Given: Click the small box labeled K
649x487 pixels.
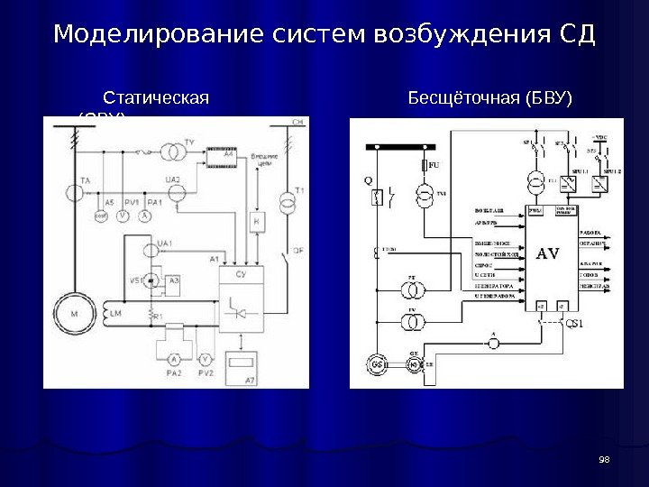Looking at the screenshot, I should [x=257, y=221].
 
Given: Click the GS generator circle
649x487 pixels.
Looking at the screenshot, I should [x=375, y=363].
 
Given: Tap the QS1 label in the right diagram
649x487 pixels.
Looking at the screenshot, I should [x=572, y=324].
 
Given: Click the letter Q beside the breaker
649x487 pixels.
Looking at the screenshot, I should [x=368, y=179].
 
